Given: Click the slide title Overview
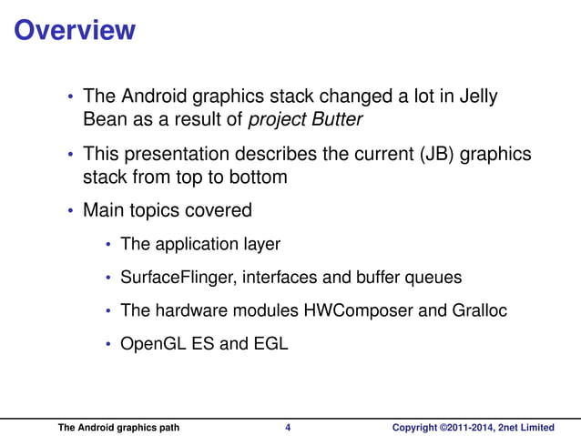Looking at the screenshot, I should (x=76, y=30).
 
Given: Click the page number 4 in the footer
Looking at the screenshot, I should (x=288, y=427).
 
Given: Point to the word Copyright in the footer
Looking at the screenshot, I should (x=414, y=427).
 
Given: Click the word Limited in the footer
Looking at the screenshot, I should (x=536, y=427).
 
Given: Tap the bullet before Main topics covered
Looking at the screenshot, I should (x=71, y=212).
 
